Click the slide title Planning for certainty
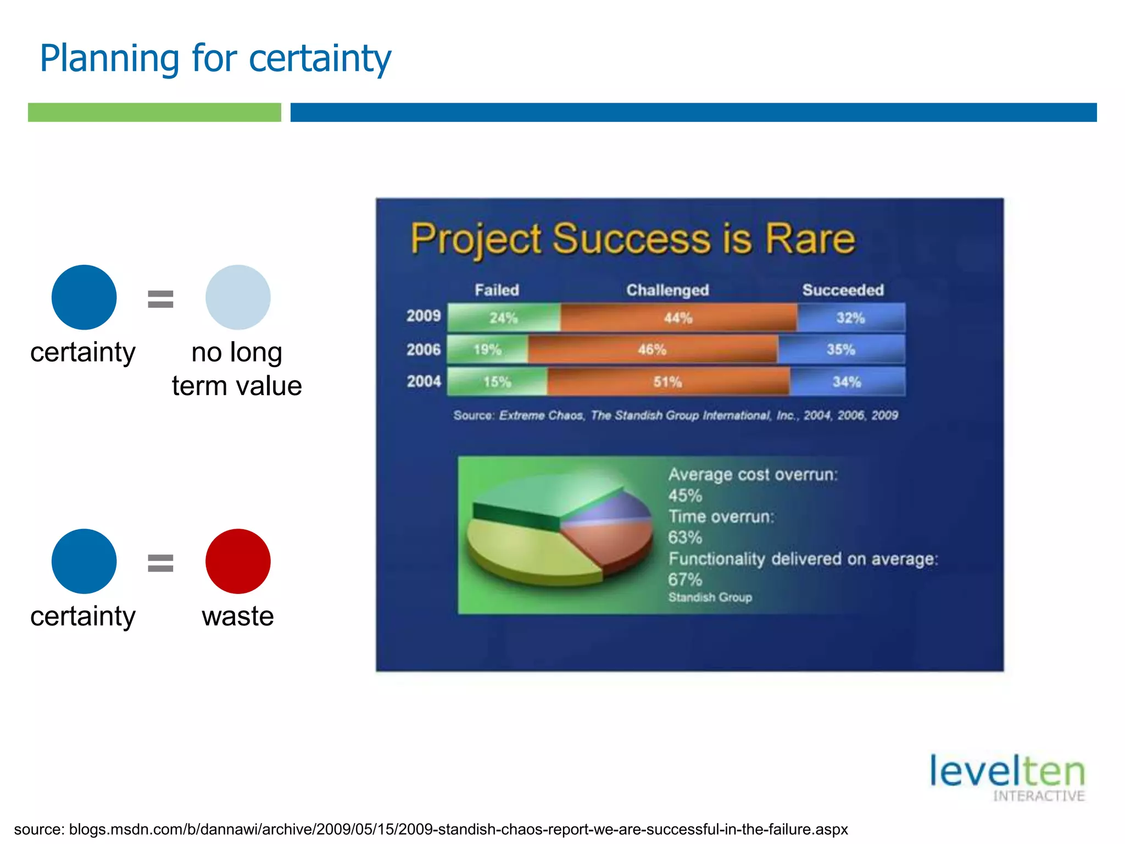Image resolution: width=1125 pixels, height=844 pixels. pos(215,58)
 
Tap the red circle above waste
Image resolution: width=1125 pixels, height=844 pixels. pos(238,561)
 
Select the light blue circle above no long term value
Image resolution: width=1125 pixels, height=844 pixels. pos(238,297)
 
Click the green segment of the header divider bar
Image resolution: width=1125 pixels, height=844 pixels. pos(154,112)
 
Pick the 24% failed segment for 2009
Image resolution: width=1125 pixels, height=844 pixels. pos(504,318)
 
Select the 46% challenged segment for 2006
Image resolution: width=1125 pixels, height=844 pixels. pos(652,349)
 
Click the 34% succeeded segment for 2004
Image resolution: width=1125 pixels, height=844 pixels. pos(846,381)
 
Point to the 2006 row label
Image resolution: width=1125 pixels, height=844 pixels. pos(424,349)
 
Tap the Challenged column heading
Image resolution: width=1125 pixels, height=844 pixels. pos(667,290)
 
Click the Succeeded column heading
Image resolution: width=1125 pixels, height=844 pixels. pos(843,290)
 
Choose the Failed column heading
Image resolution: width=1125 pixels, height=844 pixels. pos(497,290)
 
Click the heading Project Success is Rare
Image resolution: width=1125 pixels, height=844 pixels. pos(633,239)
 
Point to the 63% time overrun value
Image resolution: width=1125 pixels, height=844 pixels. pos(684,537)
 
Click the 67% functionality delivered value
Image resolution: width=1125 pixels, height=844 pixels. pos(684,580)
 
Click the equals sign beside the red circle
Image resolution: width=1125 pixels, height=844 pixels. pos(160,563)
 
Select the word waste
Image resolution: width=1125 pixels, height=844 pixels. pos(237,616)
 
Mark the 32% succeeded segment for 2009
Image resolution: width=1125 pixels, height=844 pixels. pos(850,318)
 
